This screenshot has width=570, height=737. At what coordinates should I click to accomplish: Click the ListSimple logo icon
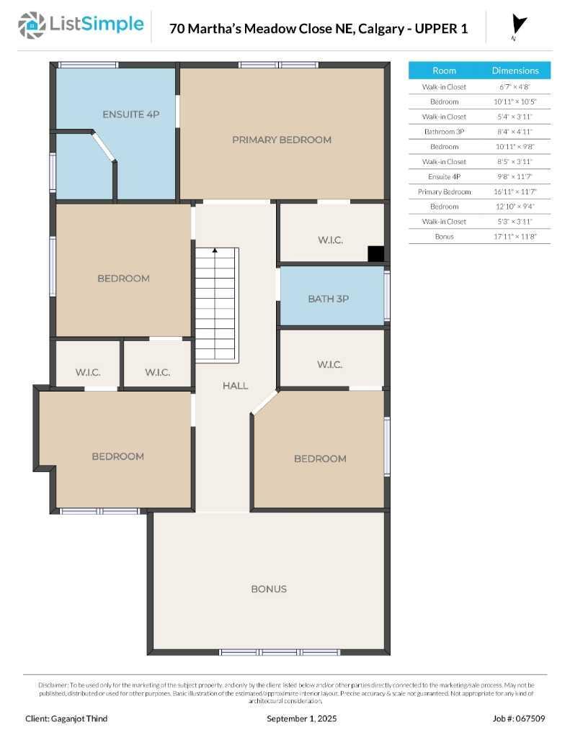(x=31, y=25)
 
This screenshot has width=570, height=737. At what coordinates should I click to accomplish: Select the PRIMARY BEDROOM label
(x=282, y=140)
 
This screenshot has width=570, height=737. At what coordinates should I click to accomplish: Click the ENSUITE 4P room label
(x=130, y=114)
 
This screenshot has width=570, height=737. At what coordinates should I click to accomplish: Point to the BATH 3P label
(x=328, y=299)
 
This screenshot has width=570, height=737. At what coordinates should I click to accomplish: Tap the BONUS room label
(x=269, y=589)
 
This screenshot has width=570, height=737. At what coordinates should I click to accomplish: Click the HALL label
(x=235, y=386)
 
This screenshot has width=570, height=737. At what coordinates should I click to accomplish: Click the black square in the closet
(x=375, y=254)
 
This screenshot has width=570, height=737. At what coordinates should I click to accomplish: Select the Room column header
(x=444, y=71)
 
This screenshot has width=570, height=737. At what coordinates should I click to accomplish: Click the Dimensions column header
(x=515, y=71)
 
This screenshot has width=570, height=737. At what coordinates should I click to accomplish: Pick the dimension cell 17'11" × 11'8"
(x=515, y=236)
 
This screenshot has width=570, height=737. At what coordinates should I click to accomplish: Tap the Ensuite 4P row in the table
(x=444, y=176)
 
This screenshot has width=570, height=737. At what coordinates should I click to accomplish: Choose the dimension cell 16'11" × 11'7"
(x=515, y=191)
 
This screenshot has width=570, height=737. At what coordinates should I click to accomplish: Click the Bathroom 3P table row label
(x=444, y=132)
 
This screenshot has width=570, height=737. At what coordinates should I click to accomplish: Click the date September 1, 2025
(x=301, y=718)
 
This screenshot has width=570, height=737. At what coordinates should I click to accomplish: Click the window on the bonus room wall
(x=269, y=652)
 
